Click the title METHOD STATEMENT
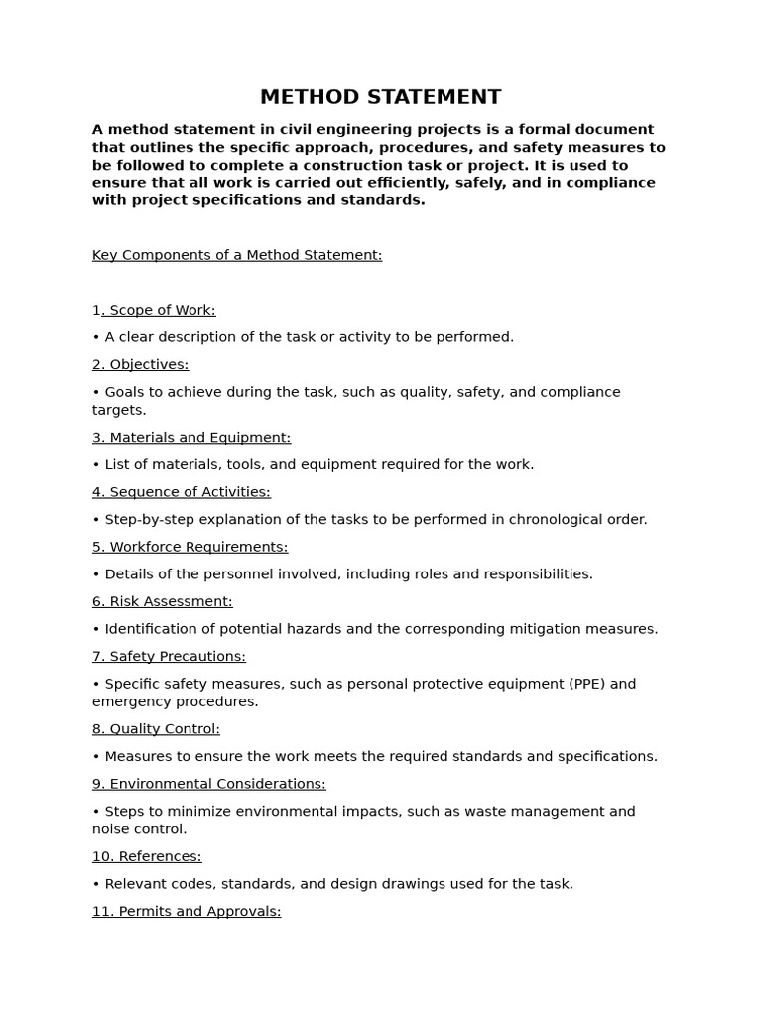coord(380,97)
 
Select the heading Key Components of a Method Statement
coord(237,255)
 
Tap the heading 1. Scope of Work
coord(154,310)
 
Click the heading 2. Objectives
coord(140,364)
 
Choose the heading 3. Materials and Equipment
coord(191,438)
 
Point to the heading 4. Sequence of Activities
coord(181,492)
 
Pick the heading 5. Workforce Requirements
coord(190,547)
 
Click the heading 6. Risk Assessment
coord(162,601)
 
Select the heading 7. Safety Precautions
coord(169,656)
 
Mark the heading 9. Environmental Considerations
coord(208,784)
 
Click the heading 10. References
coord(147,856)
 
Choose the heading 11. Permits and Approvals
coord(187,911)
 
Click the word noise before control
coord(111,829)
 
